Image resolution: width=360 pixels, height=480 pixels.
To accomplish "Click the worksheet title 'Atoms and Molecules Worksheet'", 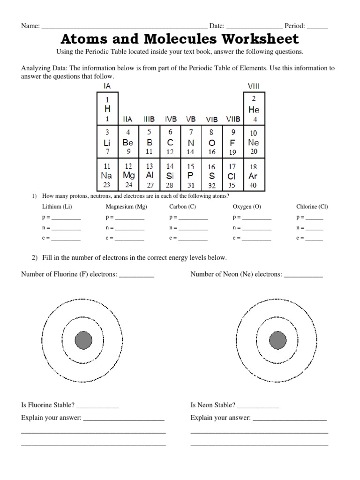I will (180, 38).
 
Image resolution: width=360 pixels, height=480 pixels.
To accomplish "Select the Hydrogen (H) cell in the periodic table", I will (107, 108).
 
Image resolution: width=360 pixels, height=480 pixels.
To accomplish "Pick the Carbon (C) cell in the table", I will (170, 142).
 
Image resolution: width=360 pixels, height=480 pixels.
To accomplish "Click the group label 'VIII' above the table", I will (254, 86).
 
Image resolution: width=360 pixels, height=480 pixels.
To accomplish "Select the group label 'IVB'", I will (171, 120).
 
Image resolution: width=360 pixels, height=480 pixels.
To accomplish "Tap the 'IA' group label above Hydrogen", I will (107, 86).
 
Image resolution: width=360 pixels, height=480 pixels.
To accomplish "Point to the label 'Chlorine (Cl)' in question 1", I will (312, 206).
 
